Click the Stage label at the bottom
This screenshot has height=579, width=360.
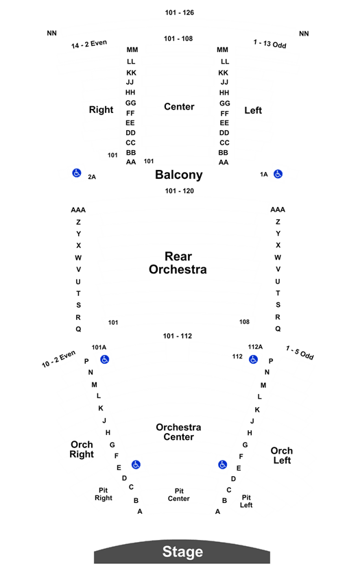click(182, 552)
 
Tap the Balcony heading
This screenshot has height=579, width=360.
click(179, 175)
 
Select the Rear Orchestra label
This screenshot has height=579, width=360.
click(178, 263)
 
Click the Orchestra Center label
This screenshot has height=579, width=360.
click(178, 432)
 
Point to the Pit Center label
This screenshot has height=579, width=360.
click(179, 495)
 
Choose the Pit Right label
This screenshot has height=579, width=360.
click(103, 494)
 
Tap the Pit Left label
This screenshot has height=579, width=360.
click(246, 501)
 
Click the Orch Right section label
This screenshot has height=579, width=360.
click(82, 449)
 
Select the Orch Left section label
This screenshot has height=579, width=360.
click(282, 456)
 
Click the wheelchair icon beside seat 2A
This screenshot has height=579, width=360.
click(77, 173)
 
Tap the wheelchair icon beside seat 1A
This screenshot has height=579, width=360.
click(278, 174)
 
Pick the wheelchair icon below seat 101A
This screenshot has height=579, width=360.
click(105, 359)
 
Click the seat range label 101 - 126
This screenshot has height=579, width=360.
click(179, 12)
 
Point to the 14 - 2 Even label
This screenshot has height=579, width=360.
click(89, 44)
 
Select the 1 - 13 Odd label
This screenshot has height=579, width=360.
click(269, 44)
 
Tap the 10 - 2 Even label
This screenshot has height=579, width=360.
click(59, 359)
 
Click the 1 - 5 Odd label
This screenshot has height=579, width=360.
click(300, 353)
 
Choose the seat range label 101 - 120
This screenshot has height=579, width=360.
click(179, 191)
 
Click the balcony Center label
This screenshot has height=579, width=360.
click(179, 107)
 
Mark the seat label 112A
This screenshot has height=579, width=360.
click(255, 347)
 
